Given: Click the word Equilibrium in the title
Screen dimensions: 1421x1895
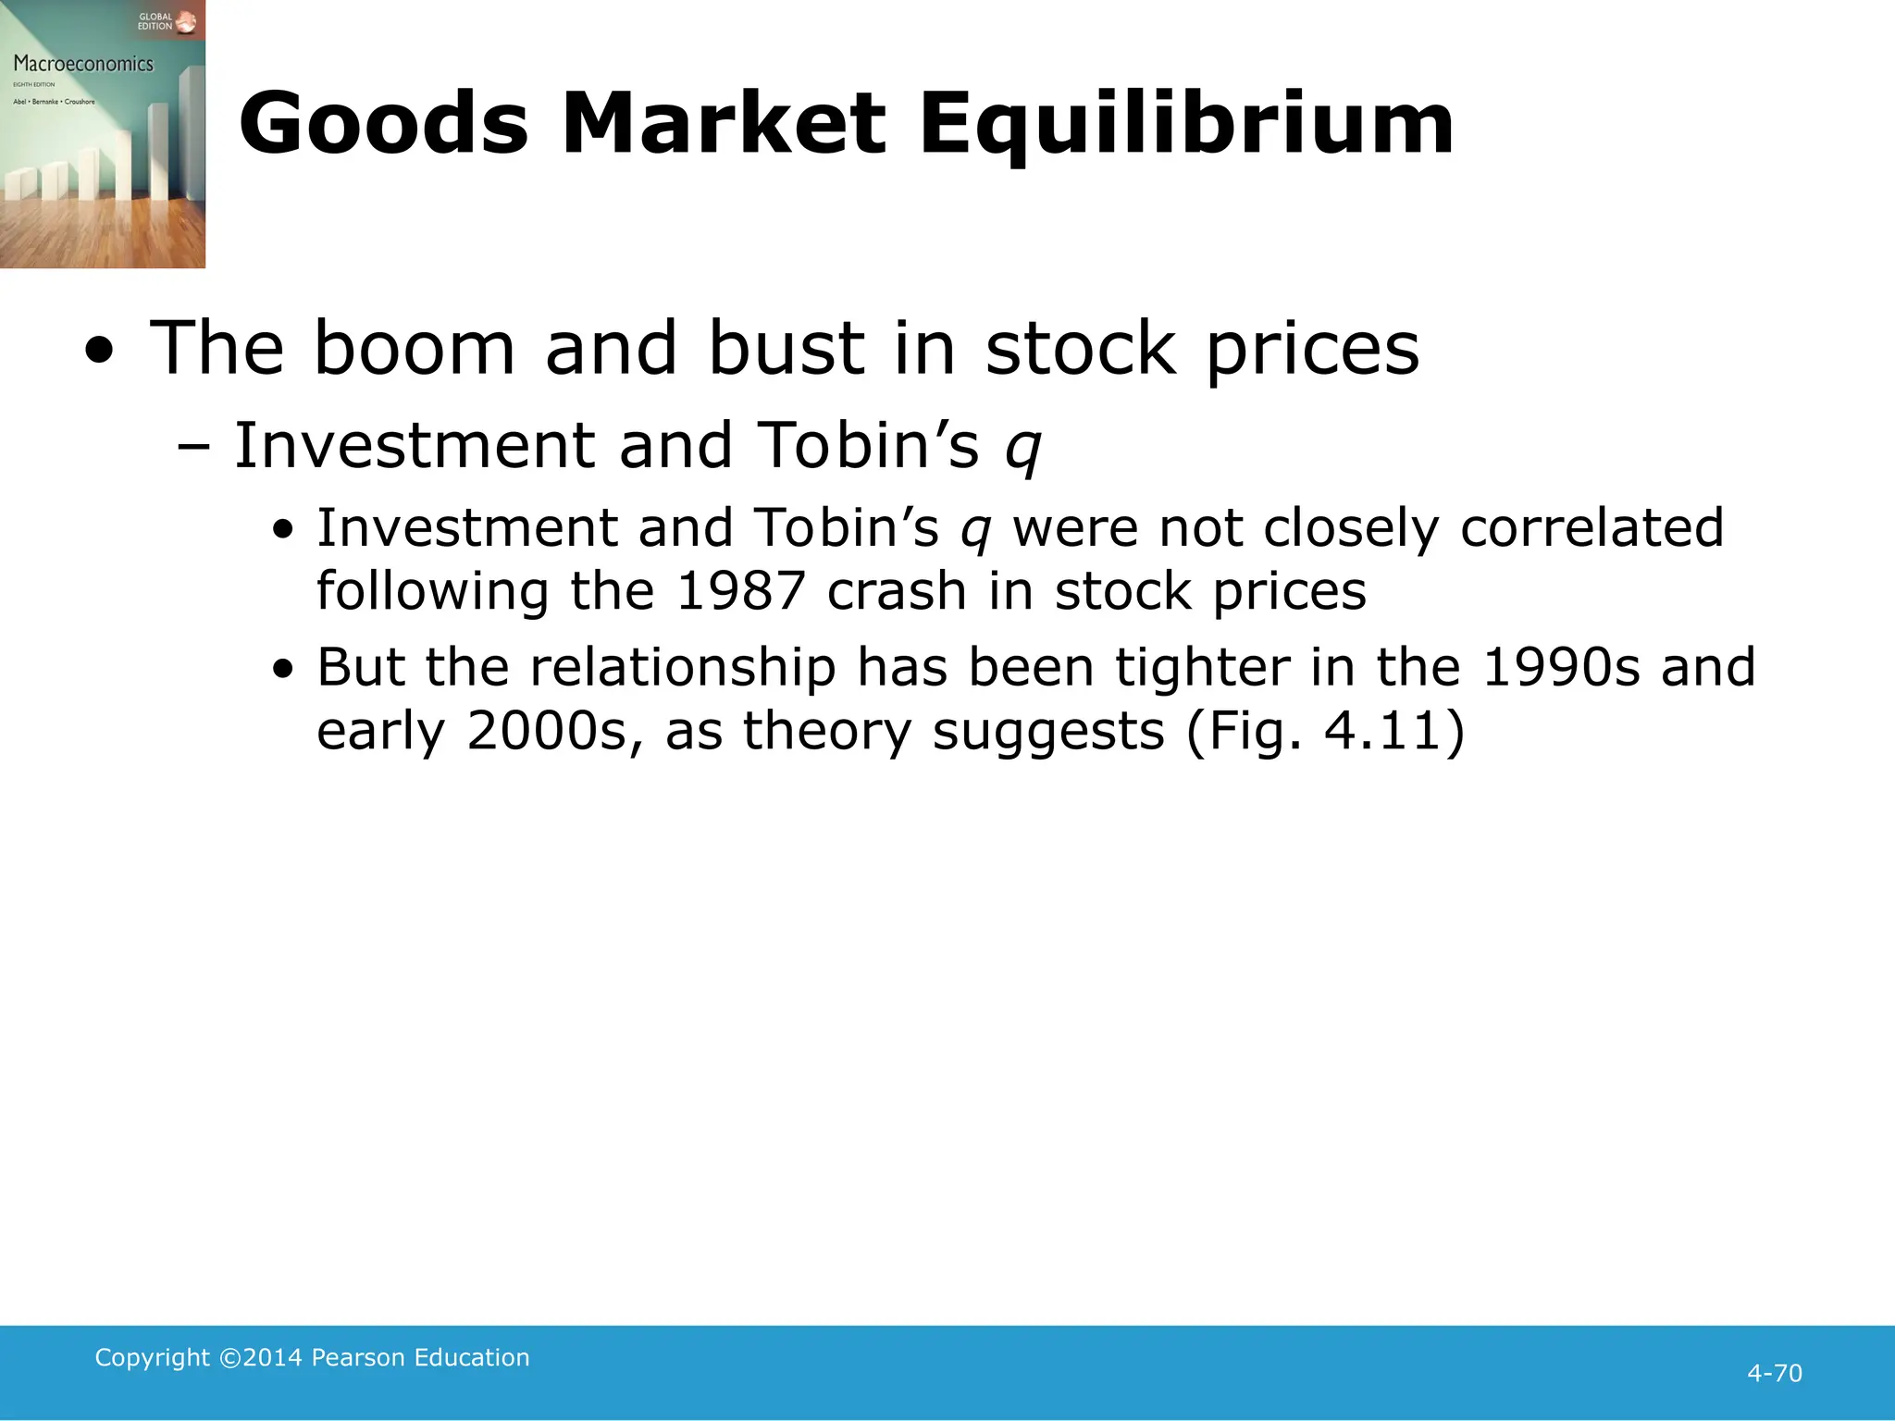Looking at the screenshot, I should pyautogui.click(x=1186, y=125).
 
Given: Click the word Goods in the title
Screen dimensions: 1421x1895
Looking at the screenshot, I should pyautogui.click(x=383, y=125).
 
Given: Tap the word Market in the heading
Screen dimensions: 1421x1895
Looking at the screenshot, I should pyautogui.click(x=724, y=125).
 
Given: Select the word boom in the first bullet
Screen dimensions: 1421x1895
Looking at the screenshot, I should pyautogui.click(x=414, y=349).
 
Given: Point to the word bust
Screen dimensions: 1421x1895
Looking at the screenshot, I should pyautogui.click(x=786, y=349).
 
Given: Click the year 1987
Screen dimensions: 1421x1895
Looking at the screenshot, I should pyautogui.click(x=740, y=591).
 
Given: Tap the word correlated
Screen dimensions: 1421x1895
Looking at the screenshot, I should pyautogui.click(x=1592, y=528).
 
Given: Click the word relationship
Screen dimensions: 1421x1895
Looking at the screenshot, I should pyautogui.click(x=682, y=667).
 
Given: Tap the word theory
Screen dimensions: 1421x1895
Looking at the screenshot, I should pyautogui.click(x=827, y=731).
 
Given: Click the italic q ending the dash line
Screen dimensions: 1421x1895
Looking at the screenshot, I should pyautogui.click(x=1023, y=449).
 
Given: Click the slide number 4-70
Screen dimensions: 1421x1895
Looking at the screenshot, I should pyautogui.click(x=1774, y=1373).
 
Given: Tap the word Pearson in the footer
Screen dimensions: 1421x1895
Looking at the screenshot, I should pyautogui.click(x=358, y=1357).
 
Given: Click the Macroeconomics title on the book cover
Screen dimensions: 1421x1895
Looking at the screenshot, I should pyautogui.click(x=83, y=64).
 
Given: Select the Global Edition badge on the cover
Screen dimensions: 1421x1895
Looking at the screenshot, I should pyautogui.click(x=167, y=20).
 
